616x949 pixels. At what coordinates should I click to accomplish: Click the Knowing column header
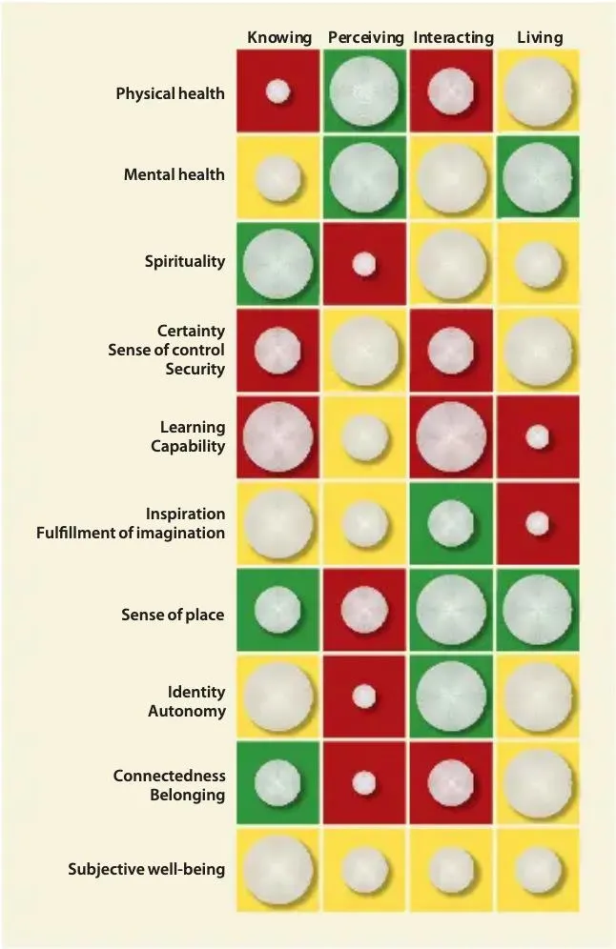(x=278, y=38)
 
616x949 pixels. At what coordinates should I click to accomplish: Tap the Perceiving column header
(x=365, y=38)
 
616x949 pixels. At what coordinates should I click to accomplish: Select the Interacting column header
(x=453, y=38)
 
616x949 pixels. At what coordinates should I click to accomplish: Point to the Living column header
(x=540, y=38)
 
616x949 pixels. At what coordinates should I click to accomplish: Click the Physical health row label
(x=170, y=93)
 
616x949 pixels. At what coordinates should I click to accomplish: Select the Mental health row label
(x=174, y=175)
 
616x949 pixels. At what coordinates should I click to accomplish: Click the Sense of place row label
(x=173, y=615)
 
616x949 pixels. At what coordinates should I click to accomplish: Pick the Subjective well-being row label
(x=146, y=869)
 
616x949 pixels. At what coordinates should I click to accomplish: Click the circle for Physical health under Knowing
(x=277, y=91)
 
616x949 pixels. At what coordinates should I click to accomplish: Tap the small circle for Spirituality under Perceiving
(x=364, y=264)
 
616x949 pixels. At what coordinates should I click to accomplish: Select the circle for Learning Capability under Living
(x=538, y=437)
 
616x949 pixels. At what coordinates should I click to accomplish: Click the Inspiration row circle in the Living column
(x=538, y=523)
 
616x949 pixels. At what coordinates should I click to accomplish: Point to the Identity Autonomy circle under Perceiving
(x=364, y=697)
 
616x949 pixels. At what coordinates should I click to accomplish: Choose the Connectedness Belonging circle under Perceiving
(x=364, y=783)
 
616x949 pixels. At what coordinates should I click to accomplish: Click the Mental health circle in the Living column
(x=539, y=177)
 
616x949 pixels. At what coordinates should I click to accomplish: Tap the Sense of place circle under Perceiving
(x=364, y=610)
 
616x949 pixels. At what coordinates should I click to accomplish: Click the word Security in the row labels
(x=195, y=369)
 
